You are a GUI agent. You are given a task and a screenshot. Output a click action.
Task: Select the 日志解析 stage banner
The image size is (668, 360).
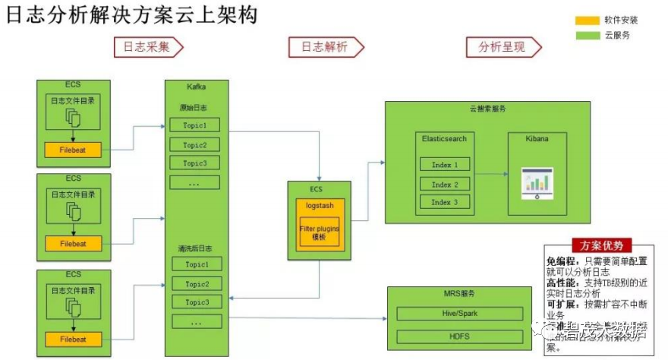[x=324, y=47]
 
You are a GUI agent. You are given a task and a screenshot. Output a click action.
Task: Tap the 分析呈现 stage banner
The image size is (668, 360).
[x=501, y=47]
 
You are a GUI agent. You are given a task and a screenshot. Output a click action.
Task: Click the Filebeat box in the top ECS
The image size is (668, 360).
[x=74, y=150]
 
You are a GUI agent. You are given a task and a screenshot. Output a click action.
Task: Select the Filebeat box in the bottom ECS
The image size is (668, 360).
[x=74, y=339]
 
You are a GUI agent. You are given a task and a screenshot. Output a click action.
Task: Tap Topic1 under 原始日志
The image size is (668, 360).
[x=194, y=125]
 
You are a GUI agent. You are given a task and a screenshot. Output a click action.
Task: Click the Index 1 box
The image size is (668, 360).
[x=445, y=164]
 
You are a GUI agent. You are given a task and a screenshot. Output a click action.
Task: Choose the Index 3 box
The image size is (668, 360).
[x=445, y=202]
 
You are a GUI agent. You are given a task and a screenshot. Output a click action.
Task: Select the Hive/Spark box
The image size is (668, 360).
[x=460, y=313]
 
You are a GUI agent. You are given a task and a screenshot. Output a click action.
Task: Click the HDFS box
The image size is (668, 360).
[x=460, y=336]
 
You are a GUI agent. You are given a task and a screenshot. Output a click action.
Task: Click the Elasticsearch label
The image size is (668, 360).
[x=445, y=139]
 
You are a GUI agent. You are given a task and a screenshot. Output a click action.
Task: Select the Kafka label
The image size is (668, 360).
[x=196, y=87]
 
